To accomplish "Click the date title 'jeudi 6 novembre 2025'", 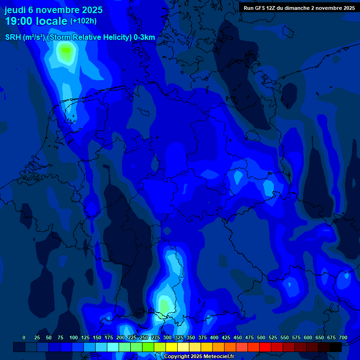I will pos(53,10).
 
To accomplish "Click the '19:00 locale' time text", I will pos(37,22).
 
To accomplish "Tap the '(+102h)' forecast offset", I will pos(83,21).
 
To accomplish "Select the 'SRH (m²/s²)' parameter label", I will pos(25,37).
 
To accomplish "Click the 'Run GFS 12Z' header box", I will pos(299,8).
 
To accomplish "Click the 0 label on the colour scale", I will pos(24,337).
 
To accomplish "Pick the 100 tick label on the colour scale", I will pos(74,337).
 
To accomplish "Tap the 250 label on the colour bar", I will pos(144,337).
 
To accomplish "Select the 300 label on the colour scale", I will pos(167,337).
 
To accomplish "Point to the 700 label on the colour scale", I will pos(343,337).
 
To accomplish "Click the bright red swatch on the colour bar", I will pos(265,347).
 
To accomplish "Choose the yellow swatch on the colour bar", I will pos(172,347).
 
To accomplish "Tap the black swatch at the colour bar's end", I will pos(336,347).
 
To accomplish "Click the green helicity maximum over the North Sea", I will pos(66,50).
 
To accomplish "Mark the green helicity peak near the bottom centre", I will pos(164,305).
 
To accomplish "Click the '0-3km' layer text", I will pos(144,37).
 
